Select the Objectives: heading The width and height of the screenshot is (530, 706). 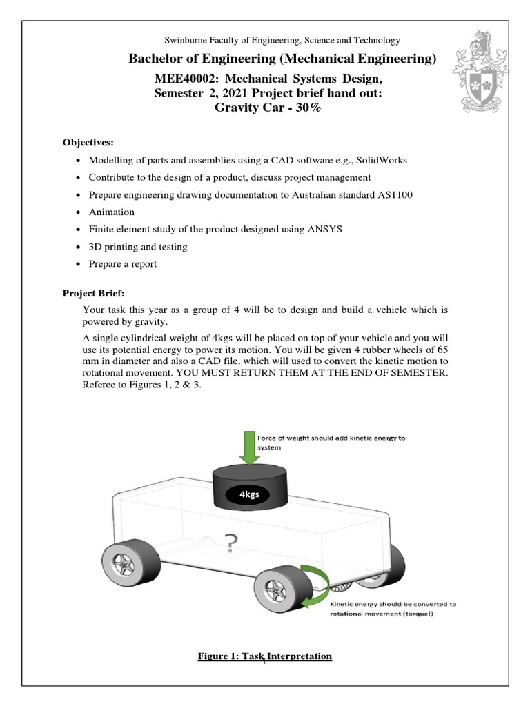[x=87, y=143]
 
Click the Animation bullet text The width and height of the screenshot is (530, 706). [x=112, y=212]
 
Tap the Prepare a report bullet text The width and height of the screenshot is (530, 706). [x=123, y=264]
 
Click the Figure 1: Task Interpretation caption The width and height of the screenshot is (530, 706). [x=265, y=656]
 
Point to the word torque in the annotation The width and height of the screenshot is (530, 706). [x=419, y=615]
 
